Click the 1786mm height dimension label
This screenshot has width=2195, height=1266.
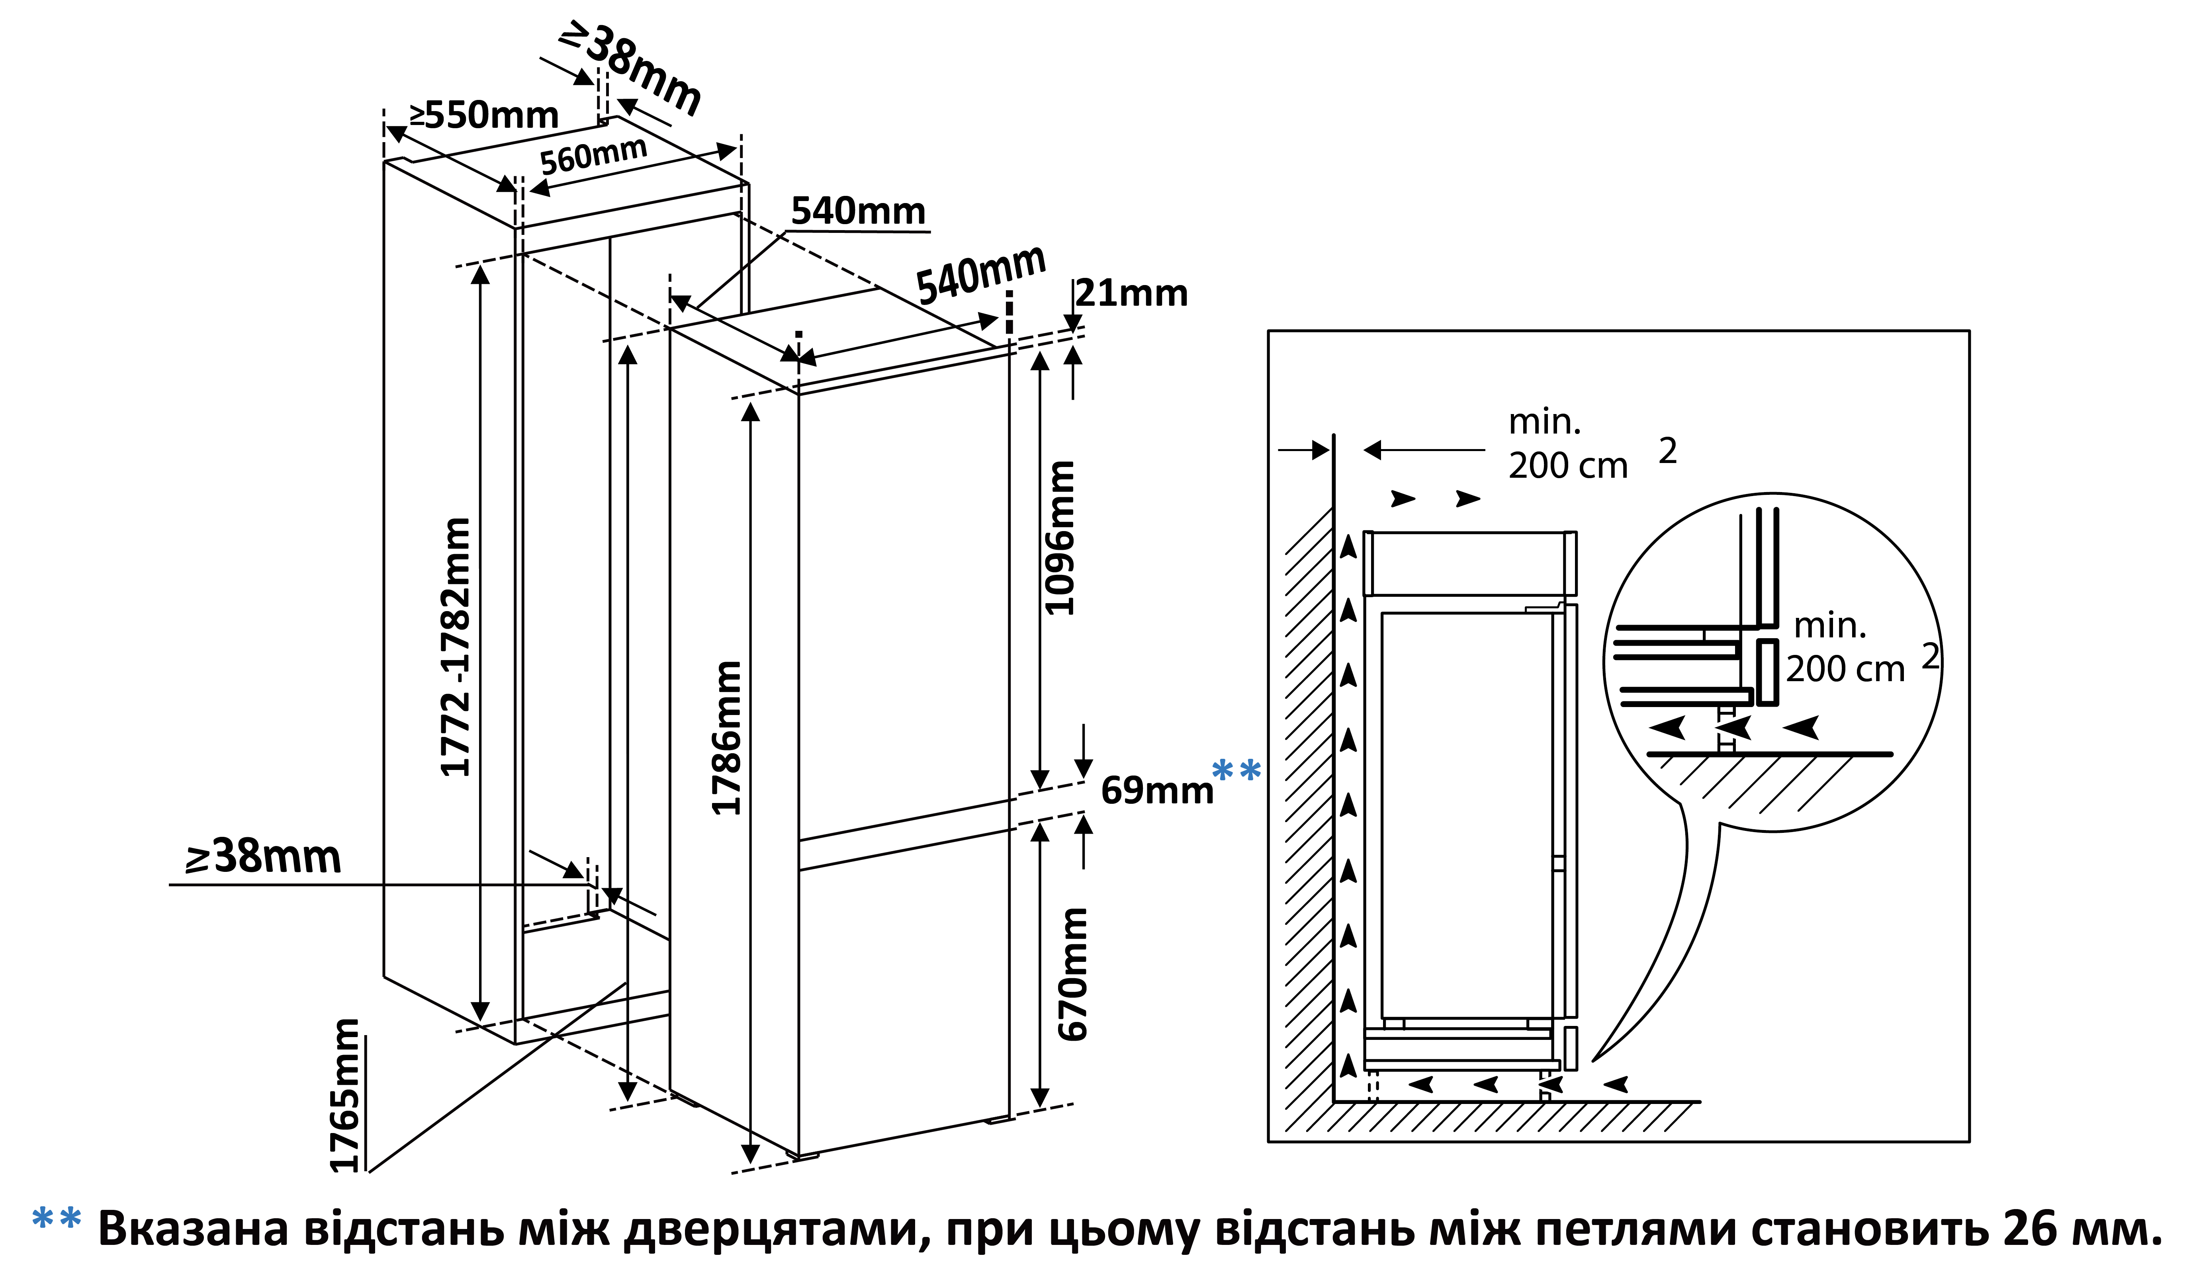(x=727, y=737)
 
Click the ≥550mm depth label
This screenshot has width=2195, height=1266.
(x=485, y=115)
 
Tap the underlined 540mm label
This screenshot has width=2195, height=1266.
(x=858, y=211)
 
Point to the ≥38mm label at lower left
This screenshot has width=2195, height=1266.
(x=264, y=856)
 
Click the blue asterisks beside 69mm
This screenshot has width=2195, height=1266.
(x=1236, y=770)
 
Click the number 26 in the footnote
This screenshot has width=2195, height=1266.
(x=2027, y=1228)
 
